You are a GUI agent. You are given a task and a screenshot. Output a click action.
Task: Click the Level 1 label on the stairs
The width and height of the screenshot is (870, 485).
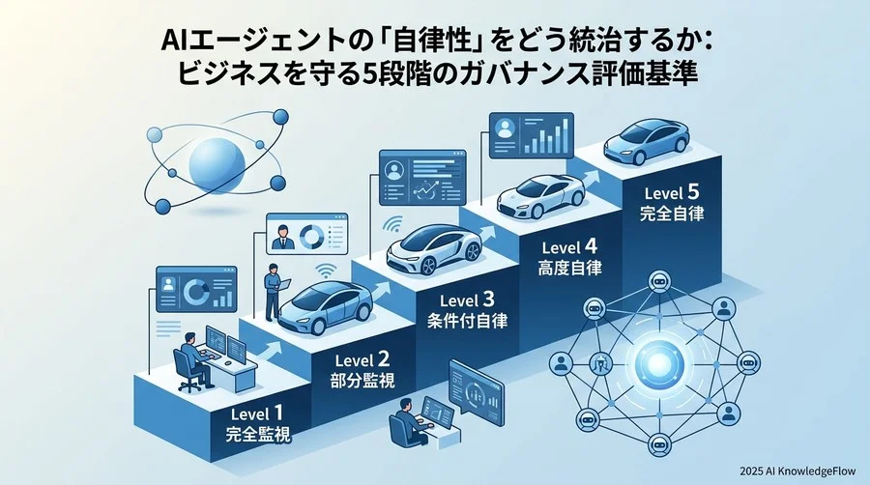[257, 414]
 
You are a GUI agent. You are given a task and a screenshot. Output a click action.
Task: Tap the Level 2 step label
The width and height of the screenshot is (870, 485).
[362, 360]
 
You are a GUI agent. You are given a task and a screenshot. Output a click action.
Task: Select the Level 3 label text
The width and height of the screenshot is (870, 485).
[467, 300]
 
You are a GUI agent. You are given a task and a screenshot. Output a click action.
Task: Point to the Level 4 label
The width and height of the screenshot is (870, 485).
[569, 246]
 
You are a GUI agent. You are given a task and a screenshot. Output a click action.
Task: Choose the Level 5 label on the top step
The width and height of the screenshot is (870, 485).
[672, 193]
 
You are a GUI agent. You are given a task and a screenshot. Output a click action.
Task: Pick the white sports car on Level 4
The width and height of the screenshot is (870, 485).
[541, 196]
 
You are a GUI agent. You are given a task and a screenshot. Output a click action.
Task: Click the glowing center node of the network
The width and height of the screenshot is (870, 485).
[658, 363]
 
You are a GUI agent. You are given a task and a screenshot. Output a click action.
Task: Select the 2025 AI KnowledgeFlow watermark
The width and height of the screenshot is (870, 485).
[797, 471]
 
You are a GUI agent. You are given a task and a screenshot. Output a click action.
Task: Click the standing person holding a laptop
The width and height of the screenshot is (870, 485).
[273, 292]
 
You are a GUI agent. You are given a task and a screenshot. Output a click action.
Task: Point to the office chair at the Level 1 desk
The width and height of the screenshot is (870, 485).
[188, 371]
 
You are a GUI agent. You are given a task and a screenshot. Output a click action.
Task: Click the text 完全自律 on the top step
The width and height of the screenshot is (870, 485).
[672, 214]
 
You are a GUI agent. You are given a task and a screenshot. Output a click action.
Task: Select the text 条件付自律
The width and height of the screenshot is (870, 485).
[467, 321]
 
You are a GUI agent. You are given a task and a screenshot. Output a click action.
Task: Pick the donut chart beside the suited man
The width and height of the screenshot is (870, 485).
[312, 236]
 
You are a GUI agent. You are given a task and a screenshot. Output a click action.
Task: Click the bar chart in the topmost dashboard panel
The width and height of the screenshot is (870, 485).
[546, 136]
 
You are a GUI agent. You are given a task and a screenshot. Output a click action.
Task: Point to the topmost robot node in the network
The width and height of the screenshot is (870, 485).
[659, 280]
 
